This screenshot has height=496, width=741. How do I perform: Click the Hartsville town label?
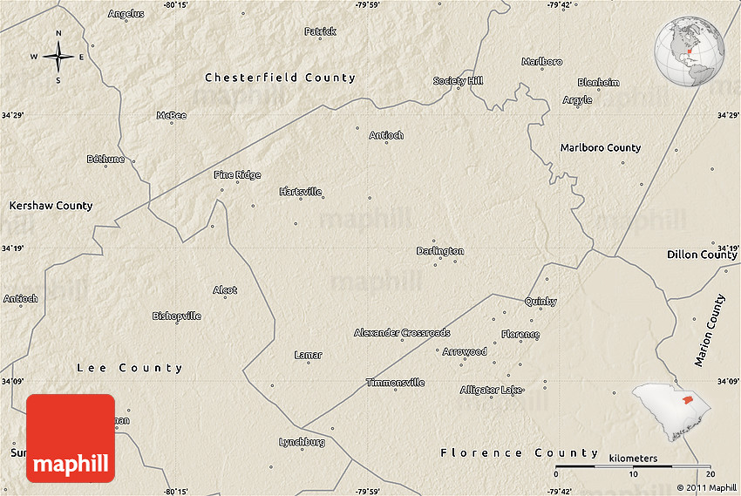300,192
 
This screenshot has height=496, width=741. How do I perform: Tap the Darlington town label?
440,251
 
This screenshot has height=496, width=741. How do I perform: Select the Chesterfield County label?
280,78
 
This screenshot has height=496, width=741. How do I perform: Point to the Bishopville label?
177,316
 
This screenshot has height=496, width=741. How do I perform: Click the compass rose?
58,58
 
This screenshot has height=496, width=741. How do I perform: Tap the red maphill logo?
71,438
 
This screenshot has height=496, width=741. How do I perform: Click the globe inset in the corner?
690,50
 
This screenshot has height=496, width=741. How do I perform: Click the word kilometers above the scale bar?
633,458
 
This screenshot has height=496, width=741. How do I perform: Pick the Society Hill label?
458,81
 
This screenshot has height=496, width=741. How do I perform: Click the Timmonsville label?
395,383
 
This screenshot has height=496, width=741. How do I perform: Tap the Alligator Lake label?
492,390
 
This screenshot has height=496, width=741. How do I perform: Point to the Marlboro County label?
600,148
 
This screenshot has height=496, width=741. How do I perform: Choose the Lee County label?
130,368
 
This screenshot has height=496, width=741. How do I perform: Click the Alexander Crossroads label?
402,333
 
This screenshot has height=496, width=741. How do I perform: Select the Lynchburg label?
302,442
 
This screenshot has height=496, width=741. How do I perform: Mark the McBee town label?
171,115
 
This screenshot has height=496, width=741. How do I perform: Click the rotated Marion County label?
710,330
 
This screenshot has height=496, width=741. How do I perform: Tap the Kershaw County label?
51,206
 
